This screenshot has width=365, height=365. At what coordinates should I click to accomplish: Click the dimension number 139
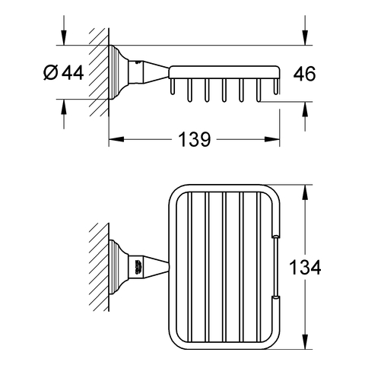tap(195, 139)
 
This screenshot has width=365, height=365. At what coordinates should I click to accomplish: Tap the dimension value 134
tap(305, 267)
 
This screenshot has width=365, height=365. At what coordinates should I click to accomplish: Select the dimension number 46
tap(304, 74)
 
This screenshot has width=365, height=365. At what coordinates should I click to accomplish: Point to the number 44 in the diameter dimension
tap(72, 72)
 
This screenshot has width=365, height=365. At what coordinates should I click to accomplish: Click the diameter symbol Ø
tap(51, 72)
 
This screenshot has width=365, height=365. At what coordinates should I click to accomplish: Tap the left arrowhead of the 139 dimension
tap(116, 139)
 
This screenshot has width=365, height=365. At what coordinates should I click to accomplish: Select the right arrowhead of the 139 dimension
tap(272, 139)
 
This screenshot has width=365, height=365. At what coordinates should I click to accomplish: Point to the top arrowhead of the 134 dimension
tap(305, 192)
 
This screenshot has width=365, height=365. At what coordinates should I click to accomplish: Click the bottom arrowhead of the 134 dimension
tap(305, 341)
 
